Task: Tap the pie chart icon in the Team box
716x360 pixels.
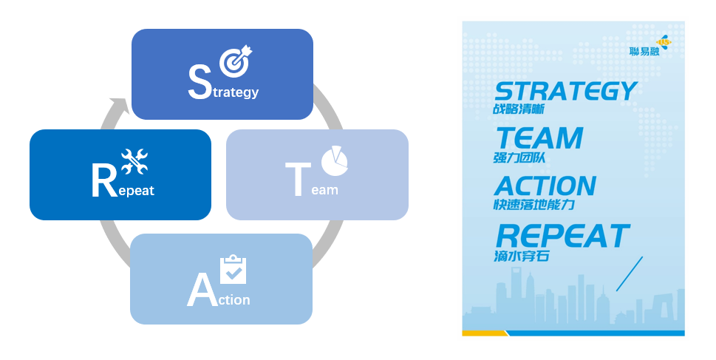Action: tap(334, 161)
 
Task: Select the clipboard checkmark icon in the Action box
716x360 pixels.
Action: tap(233, 271)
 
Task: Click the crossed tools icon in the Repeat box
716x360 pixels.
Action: tap(134, 162)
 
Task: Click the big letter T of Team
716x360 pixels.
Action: tap(296, 179)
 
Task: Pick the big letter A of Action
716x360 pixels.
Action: tap(201, 291)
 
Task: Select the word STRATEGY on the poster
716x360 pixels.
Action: tap(565, 91)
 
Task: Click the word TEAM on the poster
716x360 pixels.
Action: tap(539, 138)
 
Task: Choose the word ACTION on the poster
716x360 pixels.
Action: tap(545, 186)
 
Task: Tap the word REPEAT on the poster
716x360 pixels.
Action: tap(562, 236)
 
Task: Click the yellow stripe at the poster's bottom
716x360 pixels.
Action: tap(485, 333)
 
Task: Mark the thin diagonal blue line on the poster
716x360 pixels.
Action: tap(629, 274)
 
